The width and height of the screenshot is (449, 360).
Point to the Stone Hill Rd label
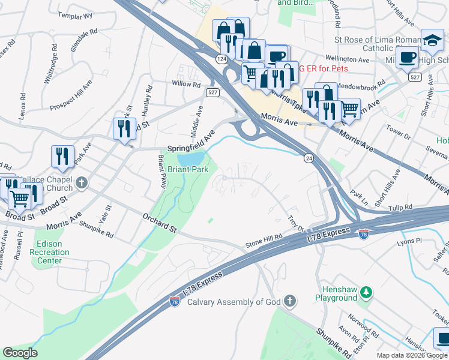[264, 241]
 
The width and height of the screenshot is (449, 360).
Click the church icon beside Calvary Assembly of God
[289, 301]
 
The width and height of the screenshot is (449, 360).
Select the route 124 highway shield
[222, 58]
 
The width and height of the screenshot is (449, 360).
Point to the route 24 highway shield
[308, 158]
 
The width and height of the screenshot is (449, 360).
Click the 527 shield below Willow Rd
[212, 92]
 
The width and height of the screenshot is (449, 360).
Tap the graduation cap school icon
[432, 40]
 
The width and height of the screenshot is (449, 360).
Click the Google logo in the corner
[20, 353]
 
